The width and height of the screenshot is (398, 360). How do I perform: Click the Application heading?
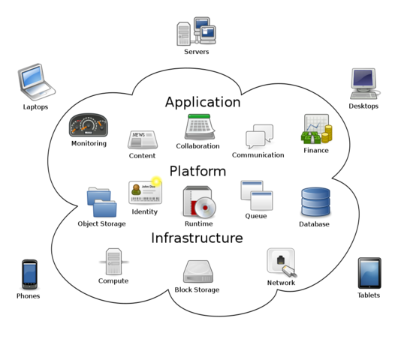pyautogui.click(x=203, y=102)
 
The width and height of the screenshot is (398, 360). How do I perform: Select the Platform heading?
pyautogui.click(x=197, y=171)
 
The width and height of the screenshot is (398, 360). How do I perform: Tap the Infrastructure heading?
pyautogui.click(x=197, y=238)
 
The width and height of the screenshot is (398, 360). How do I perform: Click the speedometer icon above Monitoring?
pyautogui.click(x=89, y=125)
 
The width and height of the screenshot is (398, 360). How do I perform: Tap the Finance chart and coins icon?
pyautogui.click(x=316, y=130)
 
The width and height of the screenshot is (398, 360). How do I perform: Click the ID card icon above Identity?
pyautogui.click(x=145, y=193)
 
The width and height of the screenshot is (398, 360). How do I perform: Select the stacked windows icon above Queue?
pyautogui.click(x=256, y=195)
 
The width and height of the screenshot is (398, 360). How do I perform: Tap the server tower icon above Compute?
pyautogui.click(x=113, y=262)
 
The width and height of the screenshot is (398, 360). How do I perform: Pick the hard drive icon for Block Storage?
pyautogui.click(x=198, y=271)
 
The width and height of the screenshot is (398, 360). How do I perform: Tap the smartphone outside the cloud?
pyautogui.click(x=29, y=273)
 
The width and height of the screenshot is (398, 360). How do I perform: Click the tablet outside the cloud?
pyautogui.click(x=369, y=272)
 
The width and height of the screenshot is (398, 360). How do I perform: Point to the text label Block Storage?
pyautogui.click(x=197, y=290)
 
